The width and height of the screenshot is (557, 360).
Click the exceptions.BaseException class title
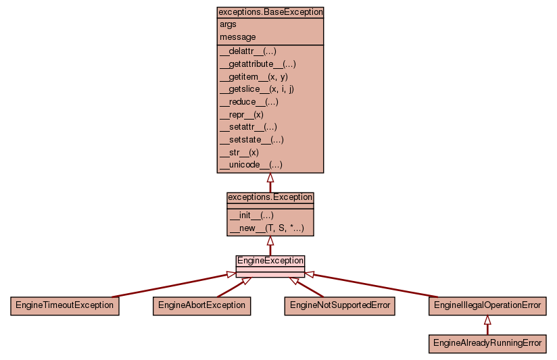pos(270,12)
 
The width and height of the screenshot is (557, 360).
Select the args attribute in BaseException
pos(228,24)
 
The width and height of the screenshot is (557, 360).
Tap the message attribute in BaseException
pos(237,36)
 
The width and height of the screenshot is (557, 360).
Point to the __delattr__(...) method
pos(248,51)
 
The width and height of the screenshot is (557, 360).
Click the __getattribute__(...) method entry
pos(258,63)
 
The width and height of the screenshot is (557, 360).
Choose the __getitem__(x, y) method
pos(253,76)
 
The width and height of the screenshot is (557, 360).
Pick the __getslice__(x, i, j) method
pos(257,88)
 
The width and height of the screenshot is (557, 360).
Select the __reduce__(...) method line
pos(249,101)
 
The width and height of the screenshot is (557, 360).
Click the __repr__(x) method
pos(241,114)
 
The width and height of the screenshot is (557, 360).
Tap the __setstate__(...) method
pos(251,139)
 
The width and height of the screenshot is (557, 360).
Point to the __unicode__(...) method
pos(251,164)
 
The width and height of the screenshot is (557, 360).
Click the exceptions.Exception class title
pos(270,197)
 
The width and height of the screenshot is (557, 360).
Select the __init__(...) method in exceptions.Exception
pos(251,215)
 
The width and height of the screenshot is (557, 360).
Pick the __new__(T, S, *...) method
pos(266,228)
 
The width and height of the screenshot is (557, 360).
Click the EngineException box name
pos(270,261)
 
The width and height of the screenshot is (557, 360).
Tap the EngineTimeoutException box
pos(65,305)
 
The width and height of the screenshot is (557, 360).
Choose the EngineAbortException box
pos(201,305)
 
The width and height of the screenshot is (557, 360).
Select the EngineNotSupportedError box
pos(340,305)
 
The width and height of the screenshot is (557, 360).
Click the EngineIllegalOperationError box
pos(487,305)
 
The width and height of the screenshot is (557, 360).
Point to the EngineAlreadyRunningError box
pos(487,343)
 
